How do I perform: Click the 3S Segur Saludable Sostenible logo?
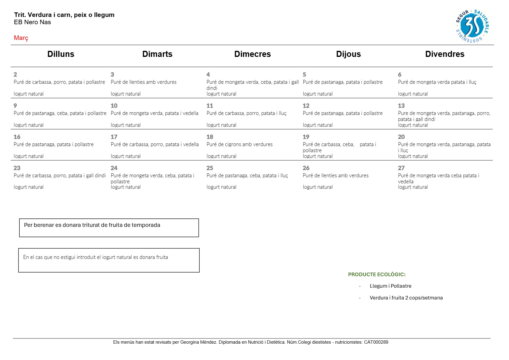click(472, 26)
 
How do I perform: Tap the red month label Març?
click(21, 38)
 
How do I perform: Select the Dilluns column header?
click(61, 54)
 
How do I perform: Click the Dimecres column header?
click(252, 54)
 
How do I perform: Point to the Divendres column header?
click(444, 54)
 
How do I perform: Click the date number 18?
click(210, 137)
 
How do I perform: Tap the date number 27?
click(401, 168)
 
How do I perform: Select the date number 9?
click(15, 106)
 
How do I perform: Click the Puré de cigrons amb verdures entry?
click(239, 145)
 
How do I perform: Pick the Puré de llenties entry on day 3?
click(143, 82)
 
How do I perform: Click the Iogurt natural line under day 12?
click(318, 125)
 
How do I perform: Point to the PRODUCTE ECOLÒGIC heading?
click(377, 275)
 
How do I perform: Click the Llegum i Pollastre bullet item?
click(390, 286)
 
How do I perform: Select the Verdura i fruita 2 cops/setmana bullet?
click(406, 298)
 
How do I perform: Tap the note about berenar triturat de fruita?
click(92, 225)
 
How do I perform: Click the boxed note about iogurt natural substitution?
click(96, 257)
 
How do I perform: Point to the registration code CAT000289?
click(376, 342)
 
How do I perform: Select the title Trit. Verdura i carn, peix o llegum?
click(64, 15)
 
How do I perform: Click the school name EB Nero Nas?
click(32, 22)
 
